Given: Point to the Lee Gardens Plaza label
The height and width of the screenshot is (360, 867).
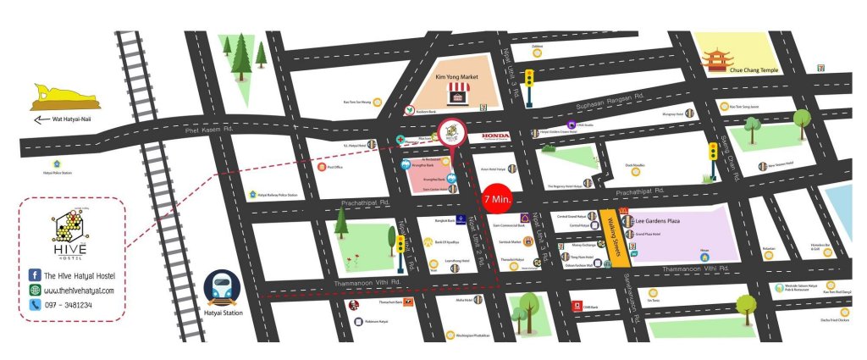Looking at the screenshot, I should pyautogui.click(x=658, y=219).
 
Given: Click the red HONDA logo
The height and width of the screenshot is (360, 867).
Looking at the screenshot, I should pyautogui.click(x=497, y=136).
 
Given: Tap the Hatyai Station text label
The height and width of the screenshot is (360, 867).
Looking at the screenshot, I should pyautogui.click(x=224, y=313).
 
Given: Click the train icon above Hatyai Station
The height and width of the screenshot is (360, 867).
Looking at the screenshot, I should pyautogui.click(x=223, y=288).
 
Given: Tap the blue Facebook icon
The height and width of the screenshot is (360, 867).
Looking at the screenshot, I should pyautogui.click(x=36, y=275).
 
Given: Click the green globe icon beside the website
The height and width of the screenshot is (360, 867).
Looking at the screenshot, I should pyautogui.click(x=36, y=291).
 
